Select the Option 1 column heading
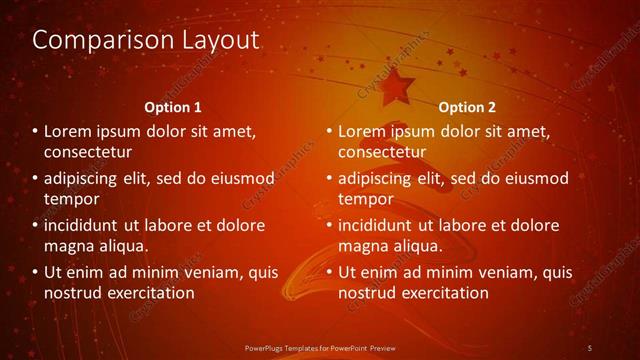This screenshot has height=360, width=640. click(x=173, y=107)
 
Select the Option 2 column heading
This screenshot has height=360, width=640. click(x=467, y=107)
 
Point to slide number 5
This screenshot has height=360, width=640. click(x=590, y=347)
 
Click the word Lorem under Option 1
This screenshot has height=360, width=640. click(x=69, y=131)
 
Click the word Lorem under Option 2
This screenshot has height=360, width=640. click(x=363, y=131)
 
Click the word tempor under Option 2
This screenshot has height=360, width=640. click(x=365, y=199)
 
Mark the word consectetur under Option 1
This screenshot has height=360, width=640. click(x=88, y=152)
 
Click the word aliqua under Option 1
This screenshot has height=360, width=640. click(x=124, y=246)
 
